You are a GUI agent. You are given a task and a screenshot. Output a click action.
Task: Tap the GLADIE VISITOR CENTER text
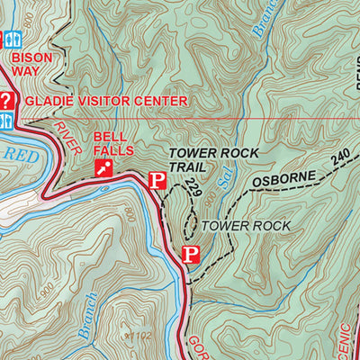click(106, 101)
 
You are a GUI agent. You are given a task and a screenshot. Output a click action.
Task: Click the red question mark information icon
click(6, 100)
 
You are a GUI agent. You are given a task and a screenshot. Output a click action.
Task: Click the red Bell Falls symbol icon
click(105, 167)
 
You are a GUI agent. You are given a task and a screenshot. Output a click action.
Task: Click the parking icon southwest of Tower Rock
click(189, 255)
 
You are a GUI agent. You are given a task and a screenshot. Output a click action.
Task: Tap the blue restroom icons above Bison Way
click(11, 39)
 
